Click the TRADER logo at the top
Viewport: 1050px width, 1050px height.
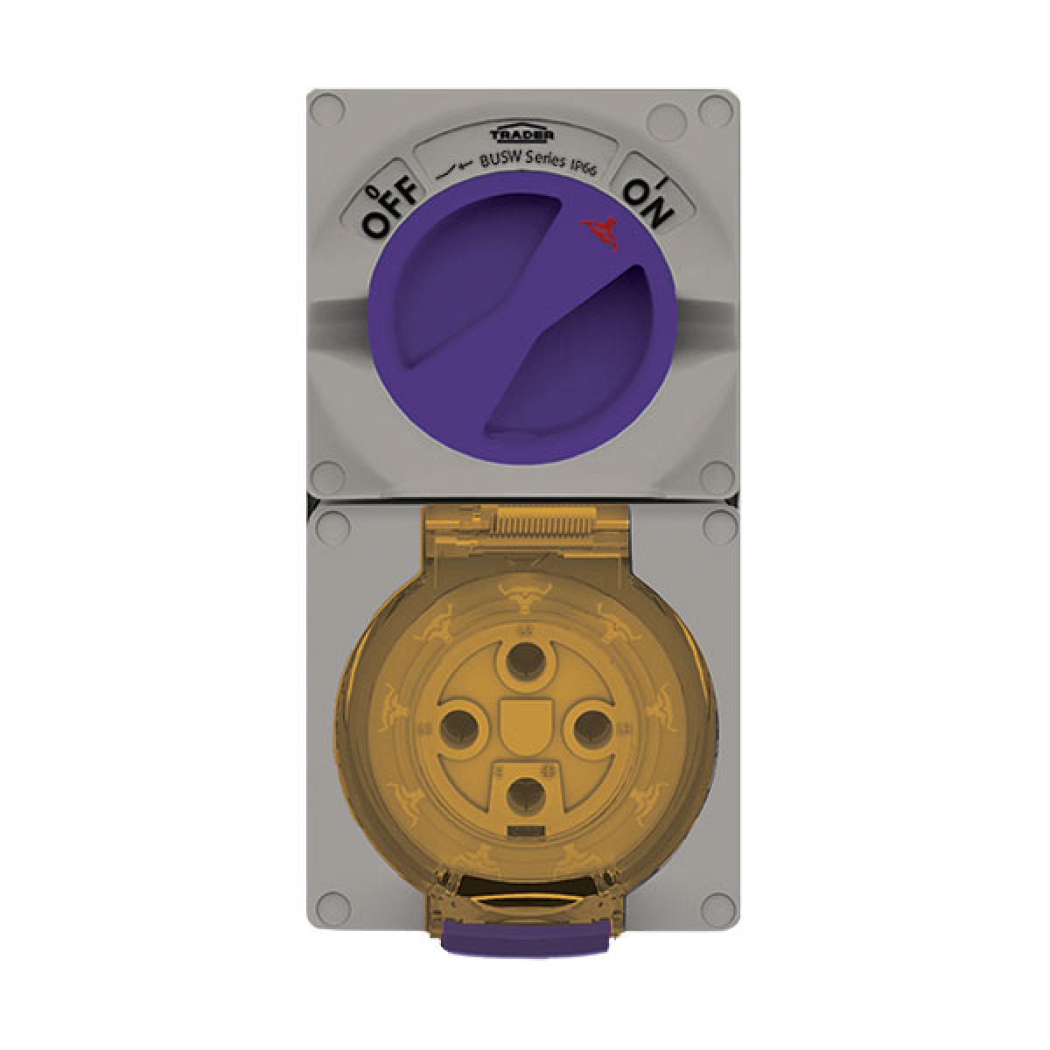click(522, 134)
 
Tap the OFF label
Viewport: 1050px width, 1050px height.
click(392, 210)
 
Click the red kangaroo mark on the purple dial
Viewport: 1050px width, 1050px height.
click(599, 234)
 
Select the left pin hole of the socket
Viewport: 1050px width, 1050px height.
click(457, 729)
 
